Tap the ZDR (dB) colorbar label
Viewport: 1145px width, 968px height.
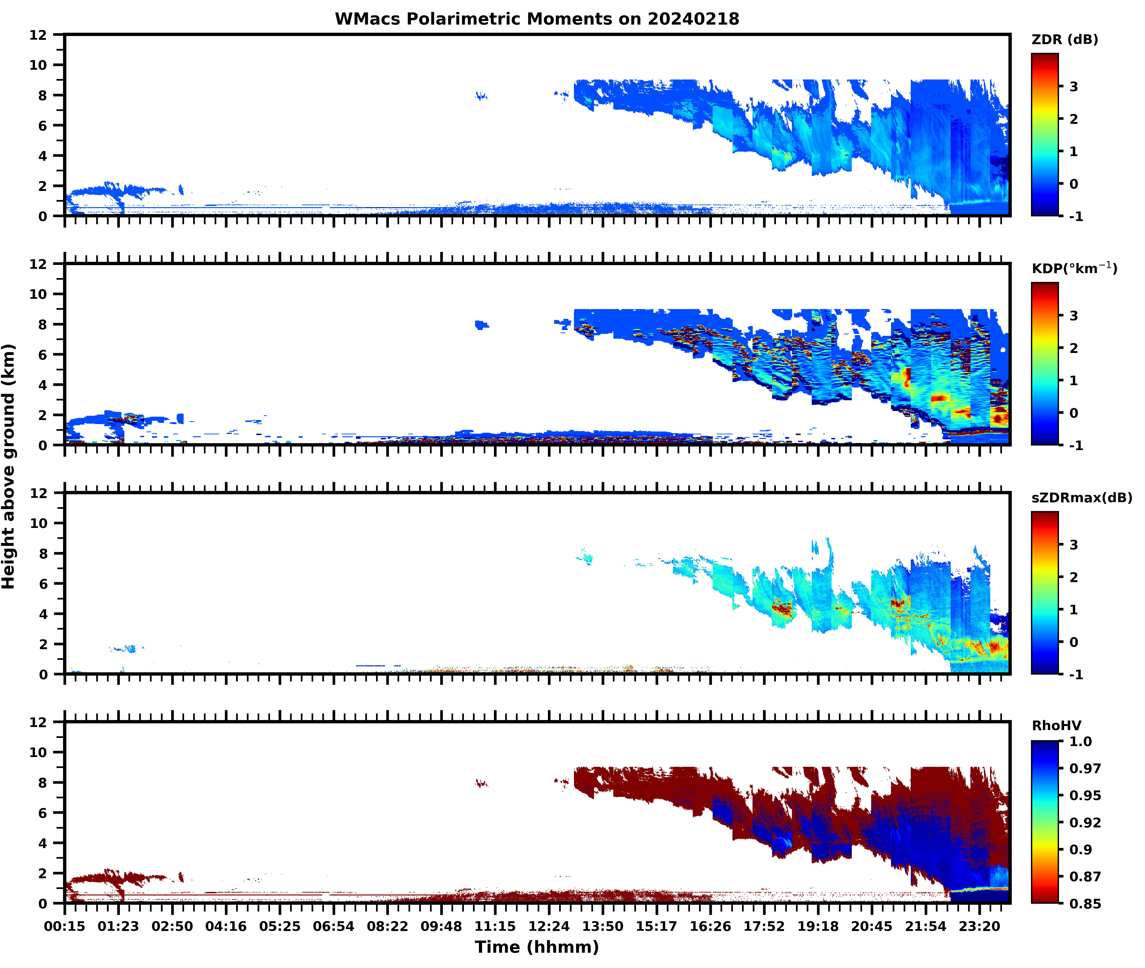[1064, 40]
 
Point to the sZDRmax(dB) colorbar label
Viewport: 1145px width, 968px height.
[1081, 498]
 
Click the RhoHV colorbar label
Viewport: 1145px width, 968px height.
[1056, 726]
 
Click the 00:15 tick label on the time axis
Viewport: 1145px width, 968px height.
[65, 926]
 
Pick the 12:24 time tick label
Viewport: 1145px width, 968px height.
[549, 926]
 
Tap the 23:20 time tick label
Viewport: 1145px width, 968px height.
[979, 926]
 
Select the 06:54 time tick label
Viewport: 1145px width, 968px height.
[334, 926]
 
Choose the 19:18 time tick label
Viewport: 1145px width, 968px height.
[818, 926]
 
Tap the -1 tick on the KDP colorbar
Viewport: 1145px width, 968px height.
[1076, 446]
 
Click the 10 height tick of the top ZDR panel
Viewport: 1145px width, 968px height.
[38, 65]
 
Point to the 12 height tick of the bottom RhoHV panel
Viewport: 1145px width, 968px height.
[38, 722]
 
